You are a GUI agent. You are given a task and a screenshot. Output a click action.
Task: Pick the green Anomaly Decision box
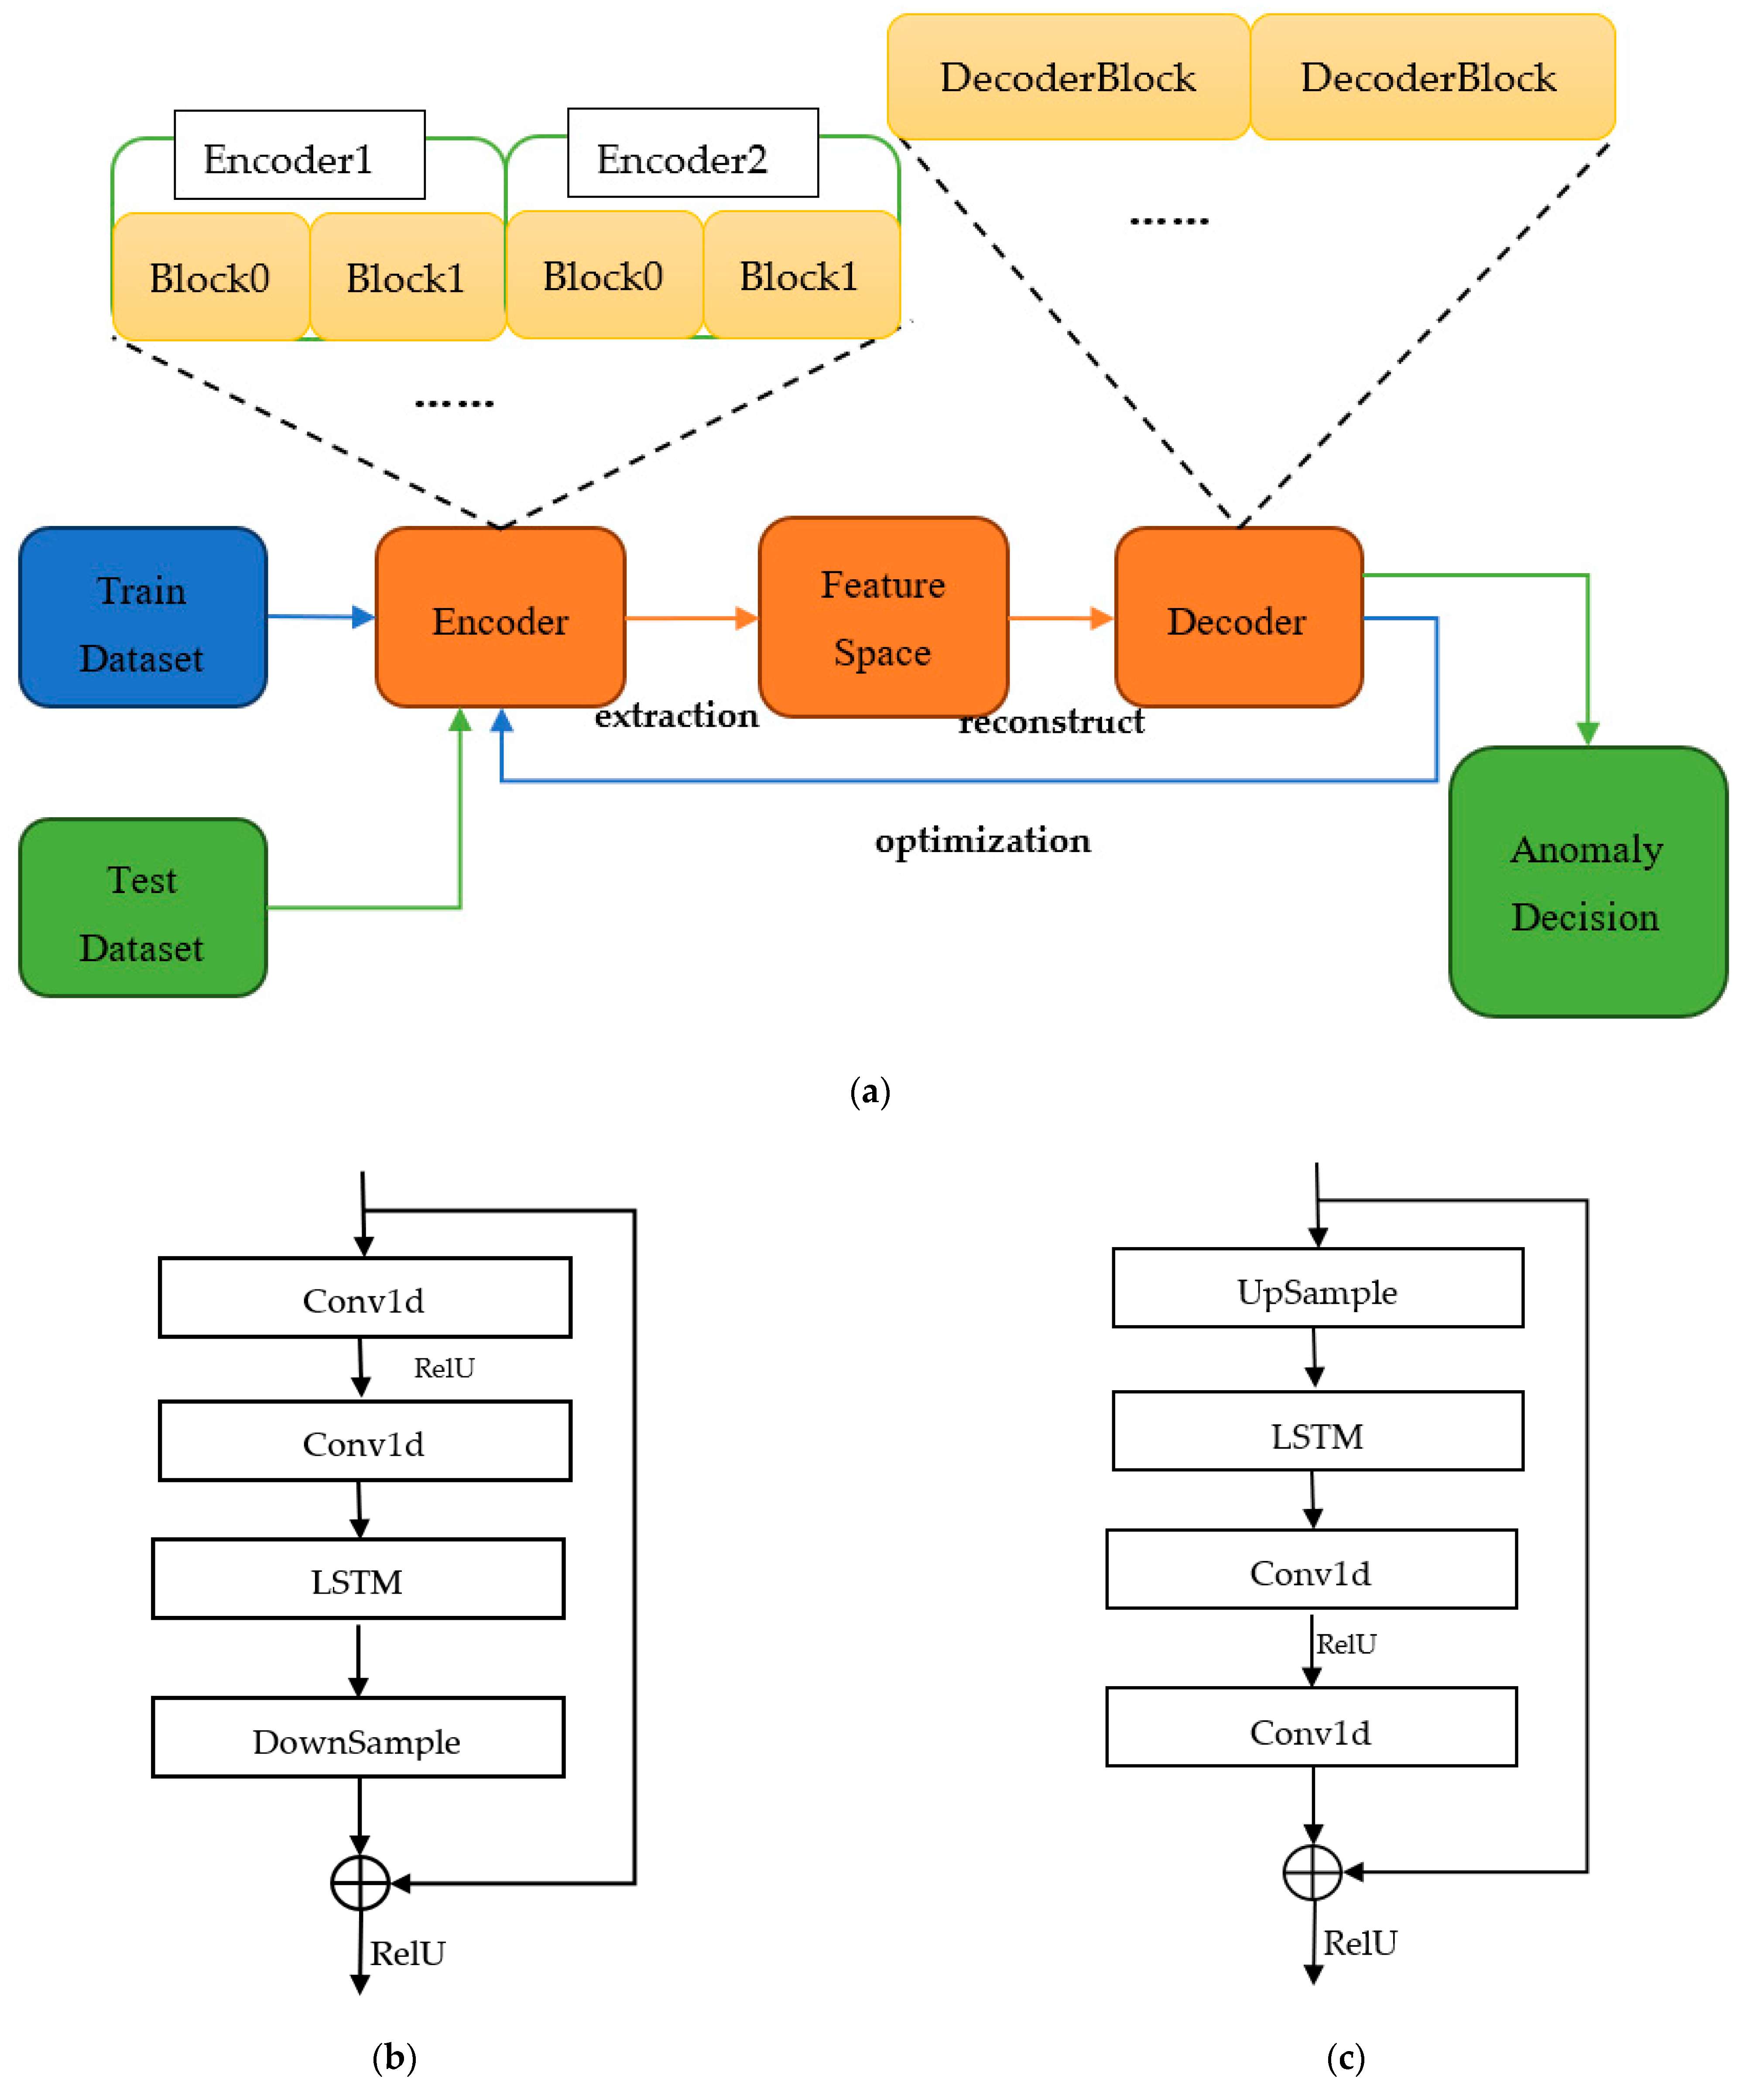1587,882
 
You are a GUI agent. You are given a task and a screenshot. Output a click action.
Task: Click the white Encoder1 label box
299,155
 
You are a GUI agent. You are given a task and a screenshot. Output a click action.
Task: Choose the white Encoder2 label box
692,153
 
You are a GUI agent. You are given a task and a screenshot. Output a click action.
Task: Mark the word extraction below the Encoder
676,715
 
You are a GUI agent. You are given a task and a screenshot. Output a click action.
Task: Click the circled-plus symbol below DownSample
360,1882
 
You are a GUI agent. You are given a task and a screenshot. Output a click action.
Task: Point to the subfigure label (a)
870,1092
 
